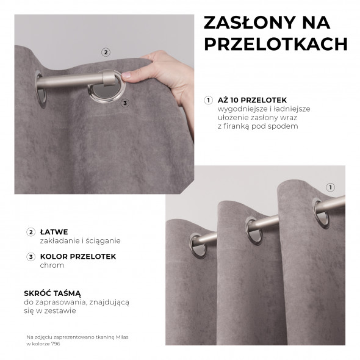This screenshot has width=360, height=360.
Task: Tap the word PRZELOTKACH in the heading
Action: pyautogui.click(x=276, y=44)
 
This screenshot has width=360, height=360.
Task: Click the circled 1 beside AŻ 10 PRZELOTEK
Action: pyautogui.click(x=209, y=100)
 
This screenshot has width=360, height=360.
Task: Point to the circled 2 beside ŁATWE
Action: pyautogui.click(x=31, y=232)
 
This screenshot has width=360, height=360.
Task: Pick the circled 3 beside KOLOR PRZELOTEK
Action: pyautogui.click(x=31, y=257)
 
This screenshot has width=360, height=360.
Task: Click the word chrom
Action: pyautogui.click(x=52, y=266)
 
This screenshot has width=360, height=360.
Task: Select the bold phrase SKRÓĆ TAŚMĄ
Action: pyautogui.click(x=52, y=293)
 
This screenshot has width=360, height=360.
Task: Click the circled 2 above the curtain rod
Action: pyautogui.click(x=106, y=52)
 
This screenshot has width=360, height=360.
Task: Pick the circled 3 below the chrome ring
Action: pyautogui.click(x=125, y=103)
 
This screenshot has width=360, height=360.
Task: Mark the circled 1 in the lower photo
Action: pyautogui.click(x=331, y=187)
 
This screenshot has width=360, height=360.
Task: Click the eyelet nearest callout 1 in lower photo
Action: pyautogui.click(x=319, y=207)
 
